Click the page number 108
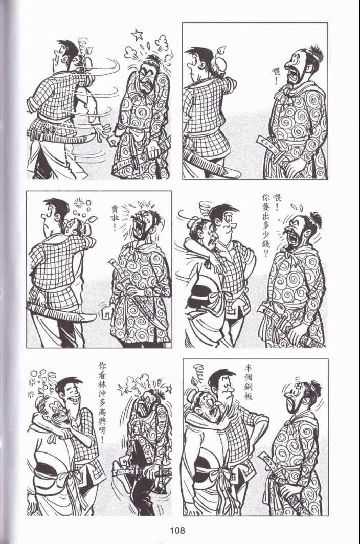(177, 530)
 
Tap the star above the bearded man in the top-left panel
(137, 34)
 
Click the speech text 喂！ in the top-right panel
(276, 77)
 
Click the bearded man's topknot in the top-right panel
(314, 52)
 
